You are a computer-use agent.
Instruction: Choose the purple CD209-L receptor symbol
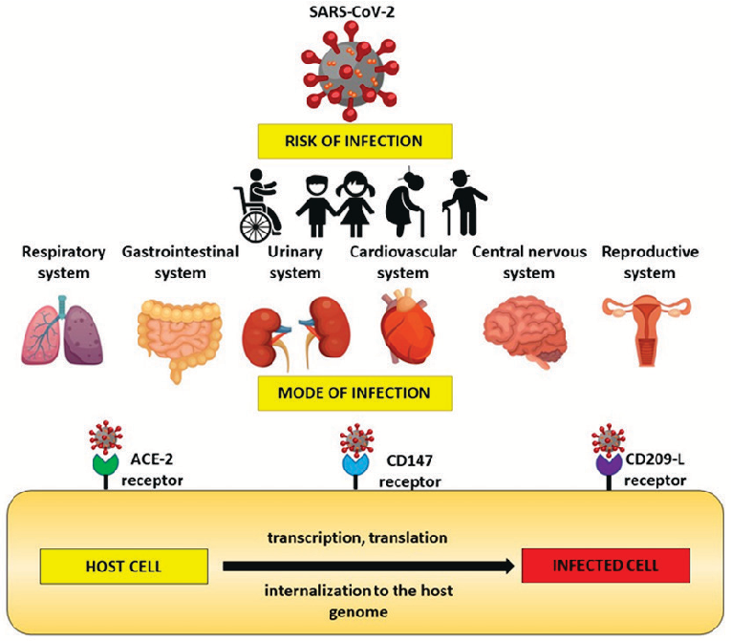[608, 465]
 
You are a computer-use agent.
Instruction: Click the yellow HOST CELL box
[123, 566]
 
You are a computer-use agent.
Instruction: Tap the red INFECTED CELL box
[605, 566]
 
